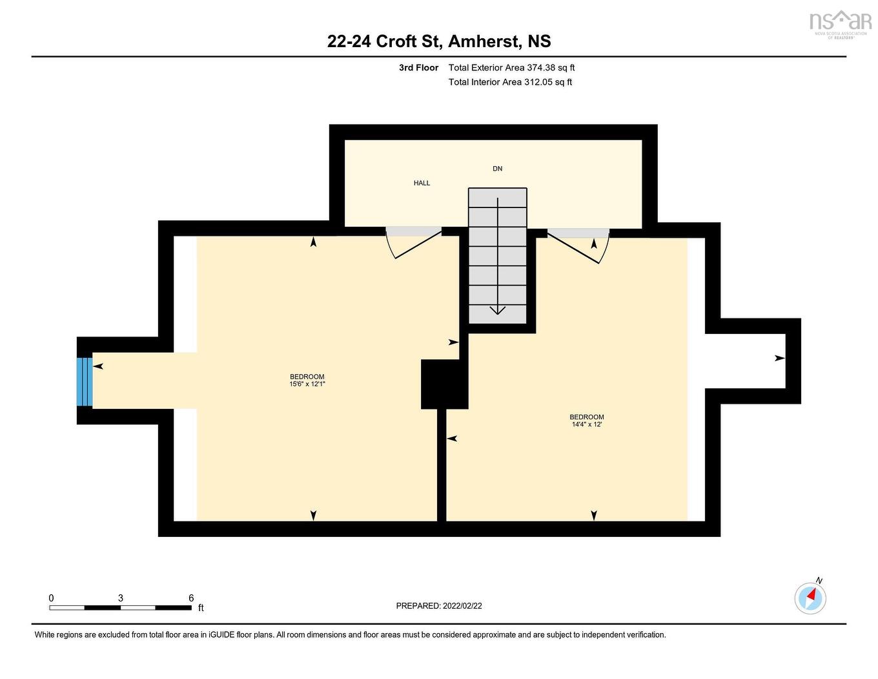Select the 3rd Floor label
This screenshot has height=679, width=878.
click(418, 68)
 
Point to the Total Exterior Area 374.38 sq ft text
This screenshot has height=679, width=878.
click(511, 68)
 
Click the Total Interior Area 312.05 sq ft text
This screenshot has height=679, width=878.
click(510, 82)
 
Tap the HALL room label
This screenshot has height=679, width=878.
click(422, 183)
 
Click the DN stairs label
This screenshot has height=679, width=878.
click(497, 169)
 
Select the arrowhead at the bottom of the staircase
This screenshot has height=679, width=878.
click(497, 311)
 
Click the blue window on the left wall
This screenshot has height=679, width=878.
click(85, 381)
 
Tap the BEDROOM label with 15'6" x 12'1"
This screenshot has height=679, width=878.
click(307, 381)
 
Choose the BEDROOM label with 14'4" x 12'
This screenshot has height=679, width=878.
click(586, 421)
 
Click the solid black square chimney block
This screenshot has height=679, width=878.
click(444, 384)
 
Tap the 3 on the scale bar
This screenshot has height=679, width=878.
click(121, 598)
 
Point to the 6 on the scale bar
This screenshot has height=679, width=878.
click(191, 598)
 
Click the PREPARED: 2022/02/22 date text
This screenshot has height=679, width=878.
click(439, 606)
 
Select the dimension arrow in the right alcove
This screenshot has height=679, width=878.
click(780, 358)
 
